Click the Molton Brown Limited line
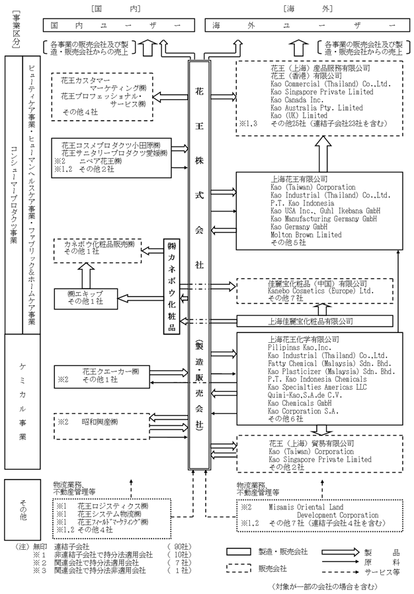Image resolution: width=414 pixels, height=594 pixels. coord(306,235)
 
